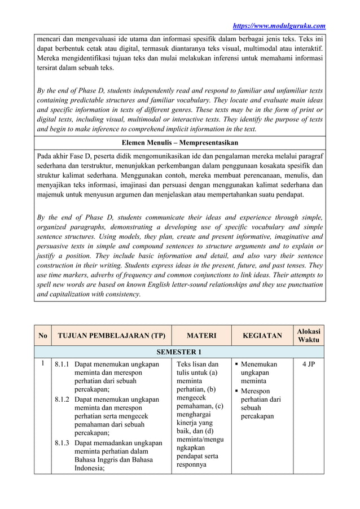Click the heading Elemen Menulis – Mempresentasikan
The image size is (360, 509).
tap(180, 142)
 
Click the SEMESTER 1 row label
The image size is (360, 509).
tap(179, 353)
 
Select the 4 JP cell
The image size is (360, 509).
tap(308, 365)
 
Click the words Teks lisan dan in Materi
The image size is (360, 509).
tap(197, 365)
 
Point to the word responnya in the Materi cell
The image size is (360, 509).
tap(193, 465)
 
